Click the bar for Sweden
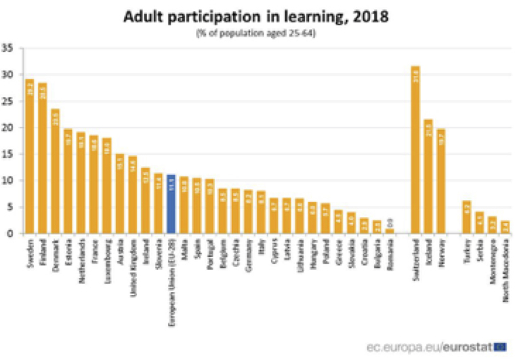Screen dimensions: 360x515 point(30,157)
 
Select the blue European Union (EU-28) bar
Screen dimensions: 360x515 point(171,204)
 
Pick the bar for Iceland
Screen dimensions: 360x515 point(428,176)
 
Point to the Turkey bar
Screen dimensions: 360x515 point(466,217)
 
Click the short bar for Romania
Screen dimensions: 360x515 point(390,231)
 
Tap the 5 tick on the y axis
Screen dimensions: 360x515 point(11,207)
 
